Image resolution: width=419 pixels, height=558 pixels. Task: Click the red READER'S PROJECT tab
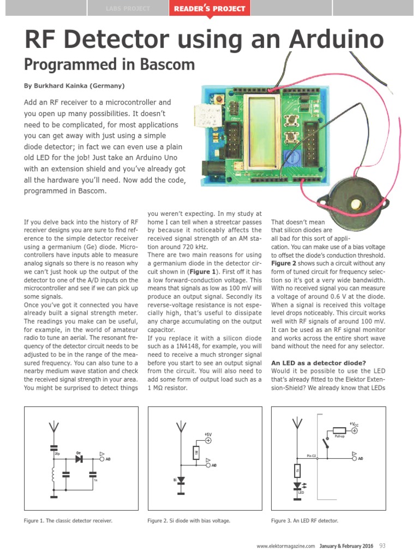click(210, 9)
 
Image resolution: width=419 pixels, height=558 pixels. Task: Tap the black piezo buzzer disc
click(350, 204)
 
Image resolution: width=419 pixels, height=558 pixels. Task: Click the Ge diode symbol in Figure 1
click(80, 459)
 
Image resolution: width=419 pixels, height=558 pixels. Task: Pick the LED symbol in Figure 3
click(297, 485)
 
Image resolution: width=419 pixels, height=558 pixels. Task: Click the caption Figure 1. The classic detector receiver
click(68, 521)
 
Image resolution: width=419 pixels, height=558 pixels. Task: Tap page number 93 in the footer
click(383, 545)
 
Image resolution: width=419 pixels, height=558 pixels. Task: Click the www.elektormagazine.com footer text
click(286, 546)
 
